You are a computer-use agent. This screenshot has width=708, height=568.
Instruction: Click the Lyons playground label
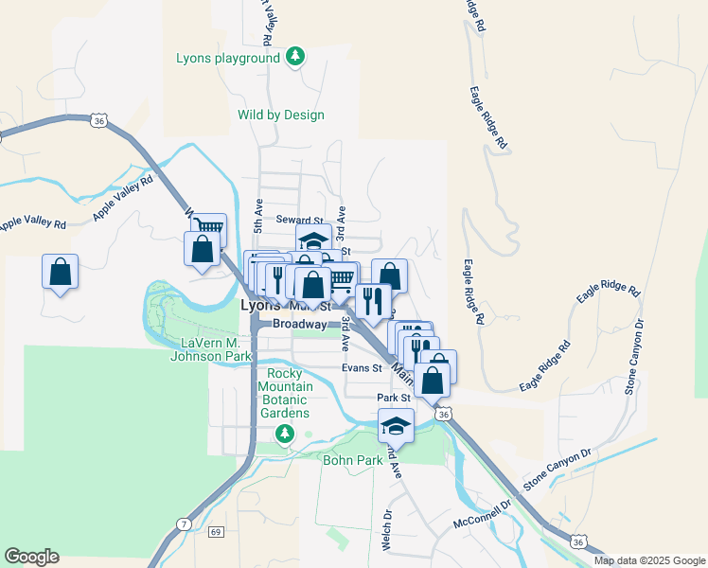(228, 58)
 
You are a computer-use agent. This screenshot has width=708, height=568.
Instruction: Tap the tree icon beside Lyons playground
(296, 57)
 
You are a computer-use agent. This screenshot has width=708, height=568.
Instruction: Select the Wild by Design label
(280, 115)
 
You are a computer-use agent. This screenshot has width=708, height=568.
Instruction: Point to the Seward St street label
(300, 220)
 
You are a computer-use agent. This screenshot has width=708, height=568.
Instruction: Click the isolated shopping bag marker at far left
(61, 272)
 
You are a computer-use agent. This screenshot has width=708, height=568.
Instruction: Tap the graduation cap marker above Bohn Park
(397, 426)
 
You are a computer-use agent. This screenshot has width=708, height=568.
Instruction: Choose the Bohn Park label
(351, 460)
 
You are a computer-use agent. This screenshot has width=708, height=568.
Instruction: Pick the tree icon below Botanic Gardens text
(284, 434)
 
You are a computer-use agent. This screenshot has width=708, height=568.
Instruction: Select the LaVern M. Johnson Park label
(210, 349)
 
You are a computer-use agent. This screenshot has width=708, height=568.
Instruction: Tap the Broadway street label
(299, 324)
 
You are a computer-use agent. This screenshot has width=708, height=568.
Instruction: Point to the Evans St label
(363, 368)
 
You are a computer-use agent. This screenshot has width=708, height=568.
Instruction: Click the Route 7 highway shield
(184, 524)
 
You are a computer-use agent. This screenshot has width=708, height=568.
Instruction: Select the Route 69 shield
(216, 532)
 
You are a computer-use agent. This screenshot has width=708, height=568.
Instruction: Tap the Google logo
(32, 557)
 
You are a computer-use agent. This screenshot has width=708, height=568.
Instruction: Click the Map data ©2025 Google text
(648, 560)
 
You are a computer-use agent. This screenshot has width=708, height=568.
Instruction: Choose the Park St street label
(391, 399)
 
